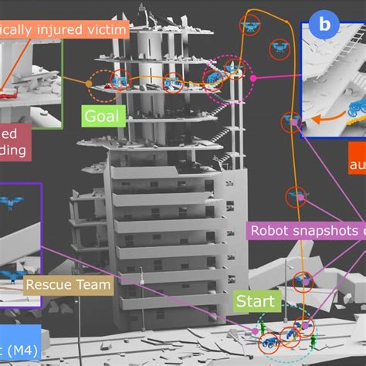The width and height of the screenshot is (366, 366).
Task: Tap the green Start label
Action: tap(252, 301)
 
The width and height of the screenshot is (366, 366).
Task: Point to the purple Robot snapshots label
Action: tap(305, 231)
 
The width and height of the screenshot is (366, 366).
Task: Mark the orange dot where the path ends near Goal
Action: tap(90, 82)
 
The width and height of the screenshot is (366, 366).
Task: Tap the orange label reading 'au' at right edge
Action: tap(356, 165)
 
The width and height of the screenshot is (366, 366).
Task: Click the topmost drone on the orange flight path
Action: tap(251, 25)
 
